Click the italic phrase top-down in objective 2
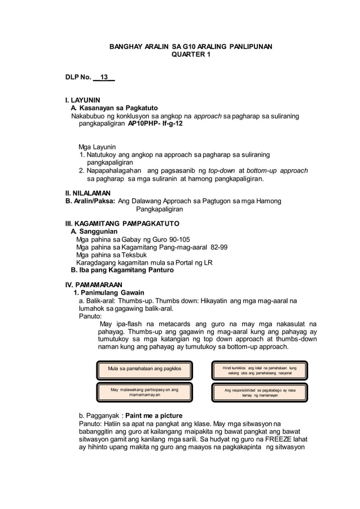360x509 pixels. click(223, 170)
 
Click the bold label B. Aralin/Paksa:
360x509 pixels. click(91, 201)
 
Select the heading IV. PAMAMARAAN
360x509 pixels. click(94, 284)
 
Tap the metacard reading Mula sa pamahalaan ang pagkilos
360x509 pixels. click(144, 369)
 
